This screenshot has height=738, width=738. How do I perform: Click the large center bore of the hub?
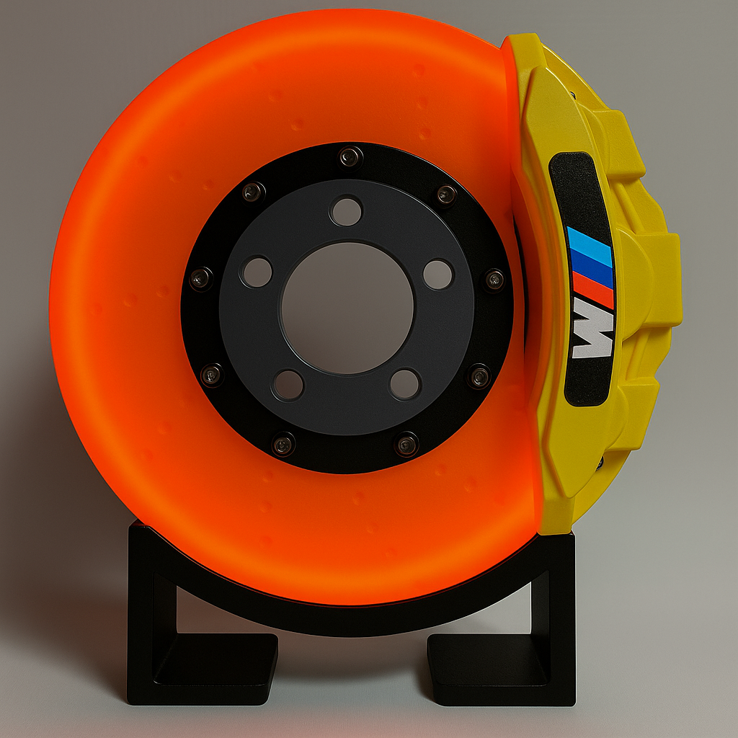coord(347,308)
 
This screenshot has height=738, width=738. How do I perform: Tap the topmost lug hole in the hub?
coord(346,211)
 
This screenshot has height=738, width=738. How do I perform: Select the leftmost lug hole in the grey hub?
coord(257,272)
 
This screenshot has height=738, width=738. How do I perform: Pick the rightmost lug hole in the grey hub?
coord(437,275)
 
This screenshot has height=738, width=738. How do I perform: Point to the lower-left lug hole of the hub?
coord(288,385)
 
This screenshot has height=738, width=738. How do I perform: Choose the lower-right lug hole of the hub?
coord(405,383)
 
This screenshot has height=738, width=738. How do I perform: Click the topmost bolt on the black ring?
coord(351,156)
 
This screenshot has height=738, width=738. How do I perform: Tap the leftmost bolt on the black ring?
coord(200,277)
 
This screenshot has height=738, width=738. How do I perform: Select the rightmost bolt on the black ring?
coord(494,279)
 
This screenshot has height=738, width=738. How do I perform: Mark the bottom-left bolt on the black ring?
coord(283,443)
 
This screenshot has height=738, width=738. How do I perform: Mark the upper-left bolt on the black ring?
coord(253,192)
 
